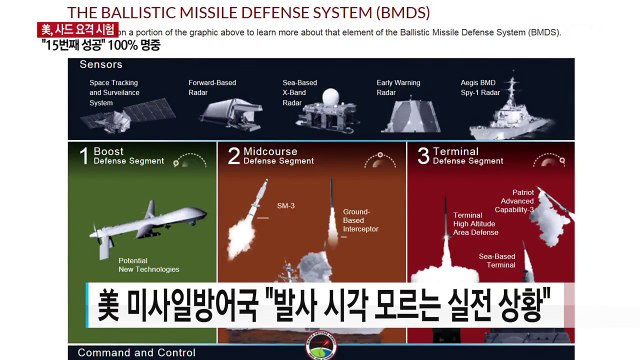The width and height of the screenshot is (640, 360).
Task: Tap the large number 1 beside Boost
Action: click(x=86, y=156)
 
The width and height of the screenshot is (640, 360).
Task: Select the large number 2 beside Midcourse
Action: click(x=234, y=156)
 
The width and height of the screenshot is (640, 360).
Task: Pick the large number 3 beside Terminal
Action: click(x=424, y=156)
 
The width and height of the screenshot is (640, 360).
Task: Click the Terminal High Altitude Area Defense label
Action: click(x=477, y=226)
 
